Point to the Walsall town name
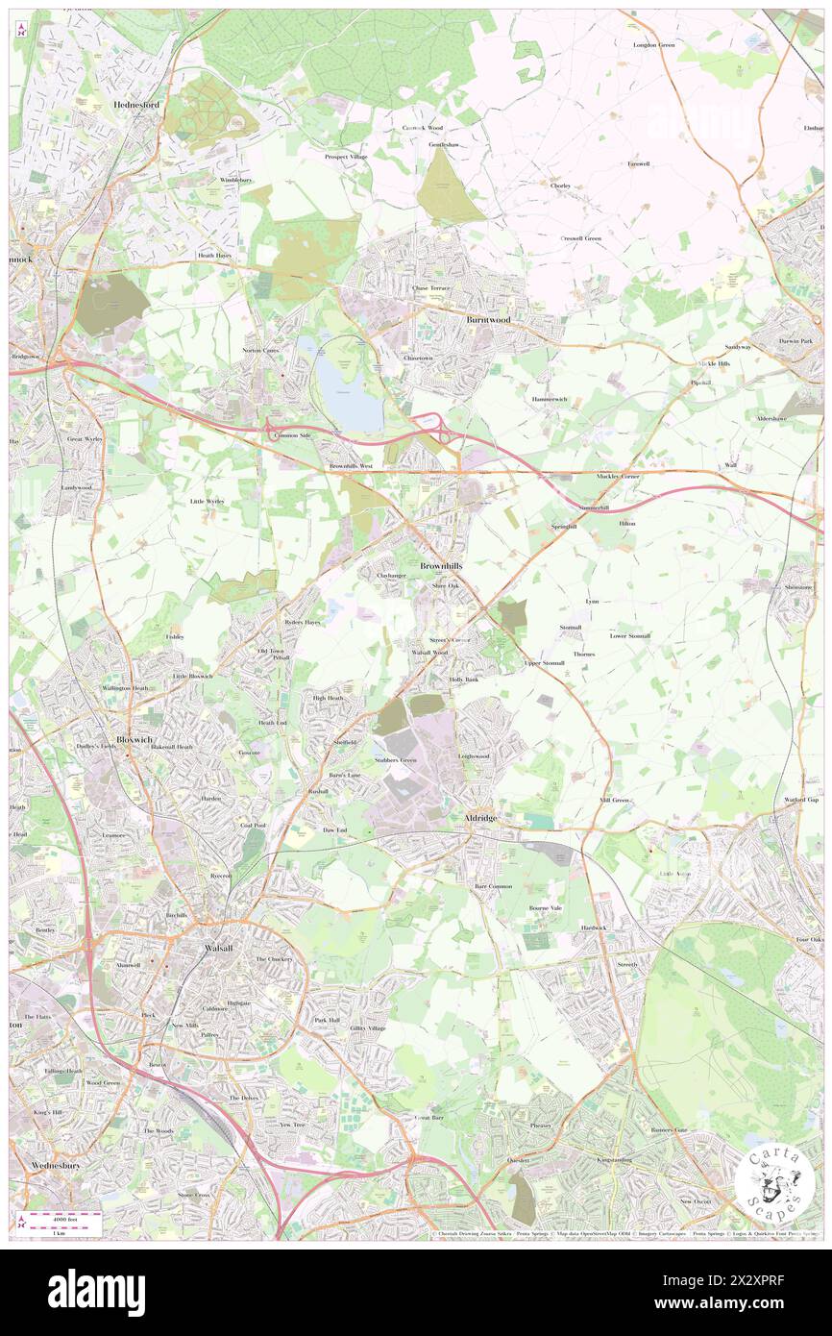pyautogui.click(x=219, y=947)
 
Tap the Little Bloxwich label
pyautogui.click(x=193, y=676)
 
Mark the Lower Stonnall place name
pyautogui.click(x=630, y=635)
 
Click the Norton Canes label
pyautogui.click(x=260, y=350)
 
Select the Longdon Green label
pyautogui.click(x=653, y=45)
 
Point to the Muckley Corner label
pyautogui.click(x=617, y=475)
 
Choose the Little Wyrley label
pyautogui.click(x=208, y=501)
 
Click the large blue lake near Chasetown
pyautogui.click(x=349, y=402)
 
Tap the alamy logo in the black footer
pyautogui.click(x=96, y=1292)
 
